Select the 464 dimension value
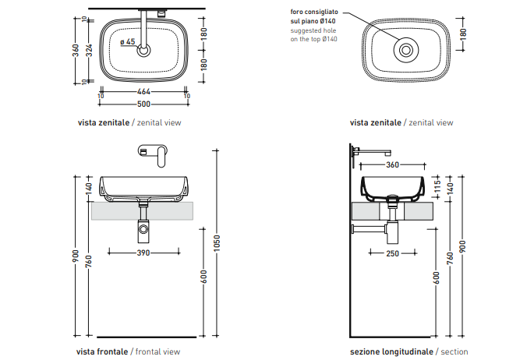click(x=144, y=91)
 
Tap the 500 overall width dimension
click(x=144, y=104)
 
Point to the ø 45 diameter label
click(x=129, y=42)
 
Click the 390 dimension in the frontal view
click(x=143, y=252)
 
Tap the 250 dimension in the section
click(x=392, y=252)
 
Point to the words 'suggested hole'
click(x=313, y=30)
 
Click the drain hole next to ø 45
click(x=144, y=51)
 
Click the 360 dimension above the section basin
click(x=392, y=164)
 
